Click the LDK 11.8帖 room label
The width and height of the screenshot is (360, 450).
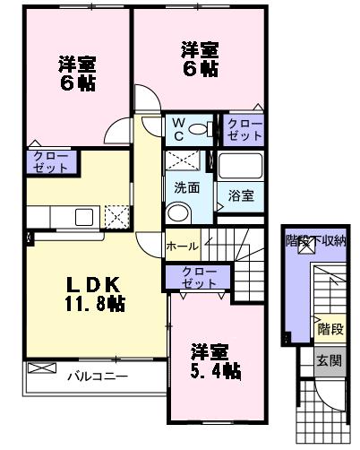93,293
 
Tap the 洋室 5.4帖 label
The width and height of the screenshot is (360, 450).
213,359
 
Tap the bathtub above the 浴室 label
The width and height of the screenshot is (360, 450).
238,168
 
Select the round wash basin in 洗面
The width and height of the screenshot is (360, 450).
178,212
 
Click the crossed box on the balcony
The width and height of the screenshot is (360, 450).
41,368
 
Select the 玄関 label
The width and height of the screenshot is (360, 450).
329,359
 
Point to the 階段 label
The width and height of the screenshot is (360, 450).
329,329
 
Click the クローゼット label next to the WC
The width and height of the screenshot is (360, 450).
244,129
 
